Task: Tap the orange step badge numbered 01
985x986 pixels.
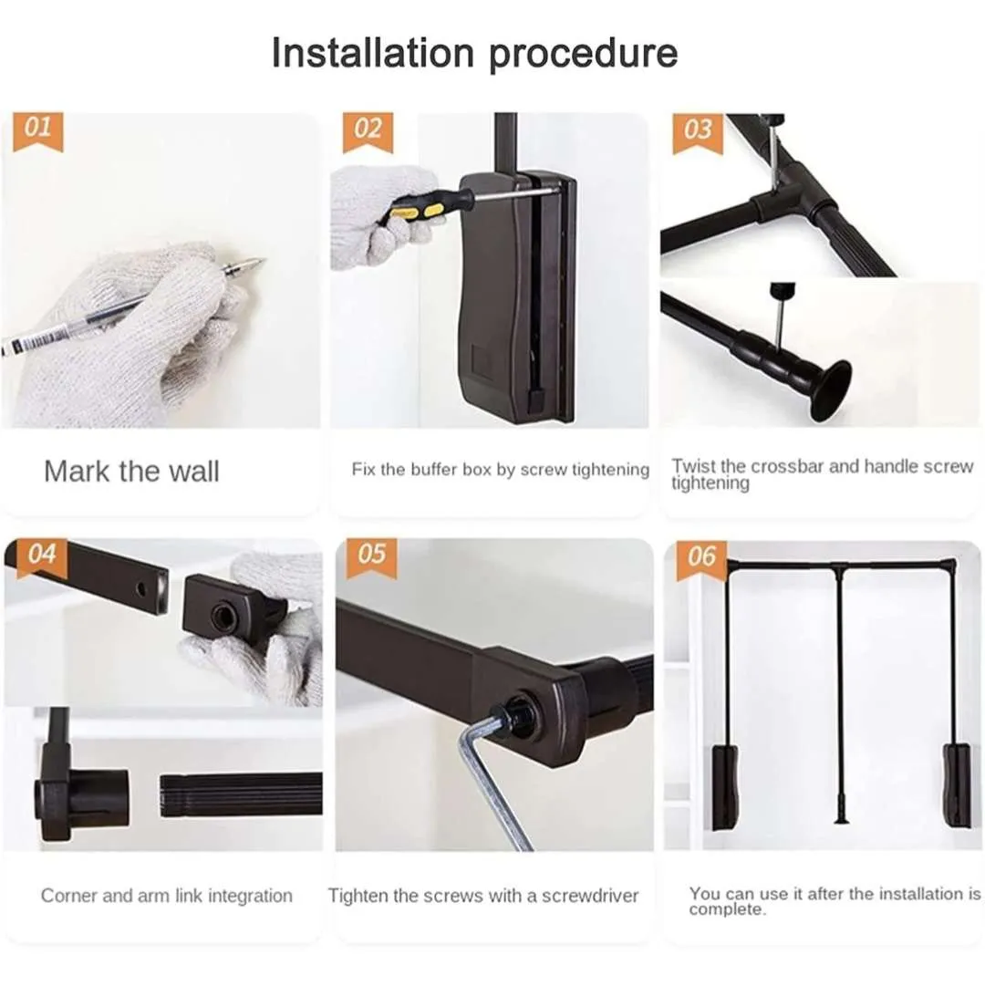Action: tap(38, 132)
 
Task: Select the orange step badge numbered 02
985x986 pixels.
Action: tap(368, 132)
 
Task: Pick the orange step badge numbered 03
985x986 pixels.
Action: tap(698, 133)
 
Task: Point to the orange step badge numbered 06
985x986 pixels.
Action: tap(701, 560)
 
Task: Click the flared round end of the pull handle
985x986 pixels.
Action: tap(831, 391)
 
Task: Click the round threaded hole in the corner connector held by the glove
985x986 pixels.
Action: tap(221, 617)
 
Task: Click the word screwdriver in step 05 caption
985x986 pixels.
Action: tap(590, 895)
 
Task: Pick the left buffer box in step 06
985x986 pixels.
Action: tap(725, 787)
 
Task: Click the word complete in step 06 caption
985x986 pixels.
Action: tap(727, 910)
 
